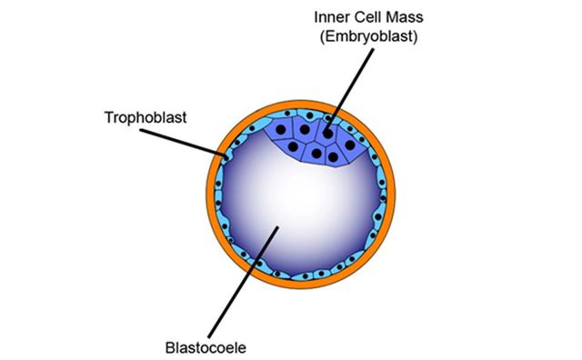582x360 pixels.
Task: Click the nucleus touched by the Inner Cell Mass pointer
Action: point(326,134)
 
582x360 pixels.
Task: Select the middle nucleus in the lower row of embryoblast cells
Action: point(316,155)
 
